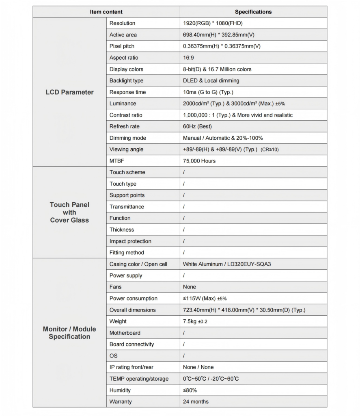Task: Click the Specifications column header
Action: coord(253,12)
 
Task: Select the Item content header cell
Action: coord(106,12)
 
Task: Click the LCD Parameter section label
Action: coord(69,92)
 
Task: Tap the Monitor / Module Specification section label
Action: coord(69,333)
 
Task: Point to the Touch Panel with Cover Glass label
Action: coord(69,212)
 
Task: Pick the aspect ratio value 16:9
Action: coord(188,58)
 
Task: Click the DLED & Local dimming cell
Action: coord(211,80)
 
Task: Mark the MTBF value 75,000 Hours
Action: coord(199,161)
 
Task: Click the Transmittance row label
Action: coord(127,207)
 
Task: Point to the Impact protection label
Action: coord(130,241)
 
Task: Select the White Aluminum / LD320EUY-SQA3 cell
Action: coord(226,264)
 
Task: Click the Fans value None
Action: coord(189,287)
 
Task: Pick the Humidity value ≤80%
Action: coord(190,390)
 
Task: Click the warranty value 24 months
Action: coord(196,401)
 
